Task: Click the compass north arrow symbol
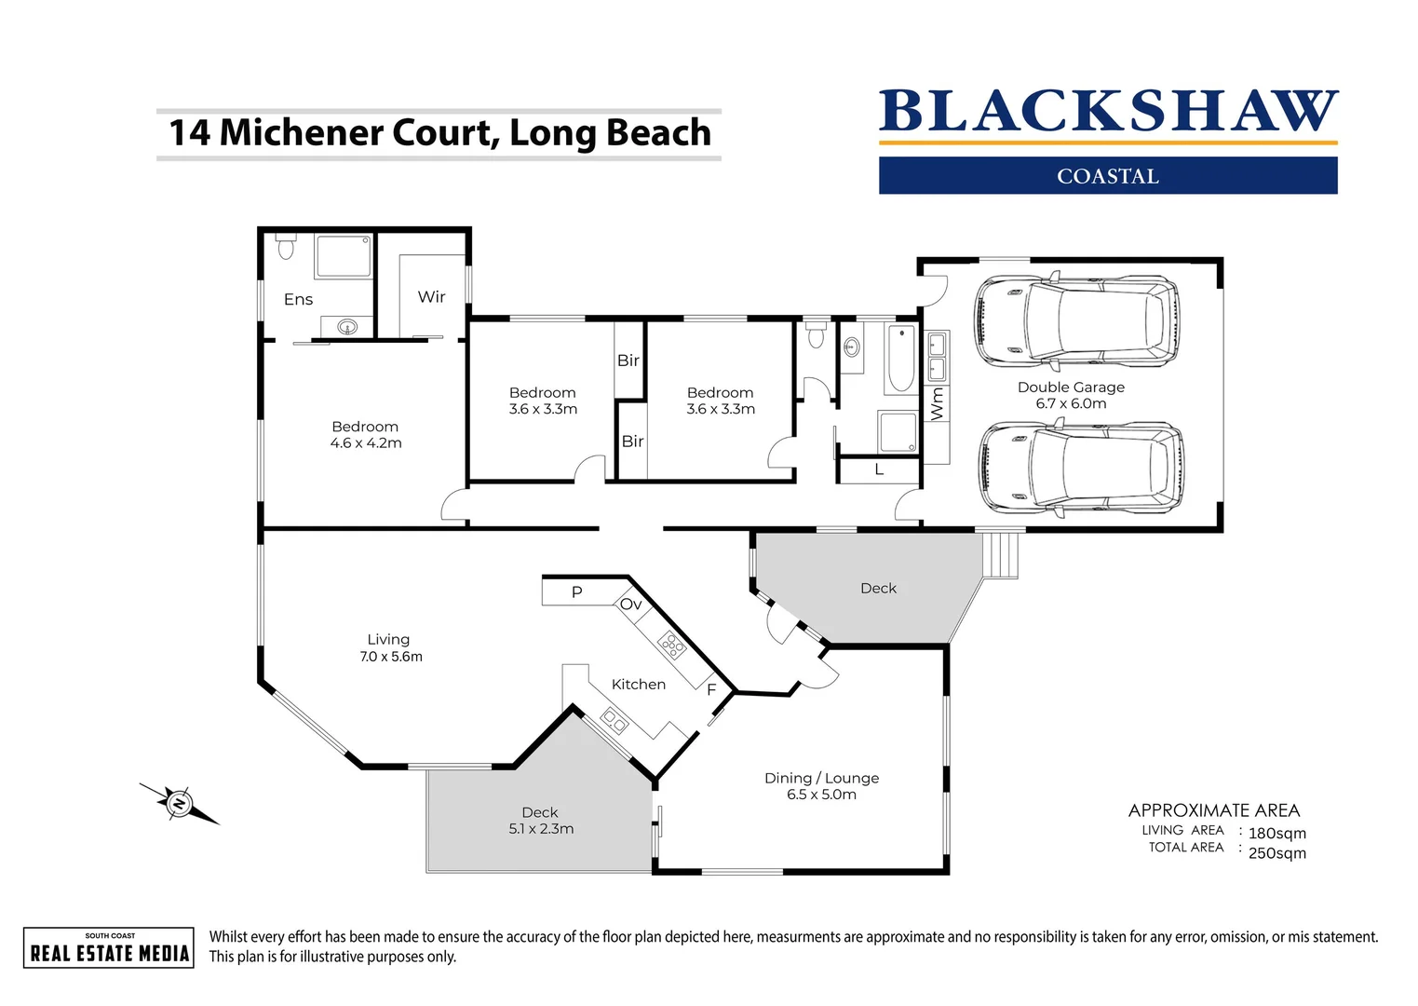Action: pos(179,803)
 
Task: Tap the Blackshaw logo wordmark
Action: pos(1108,112)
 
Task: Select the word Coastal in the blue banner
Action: pos(1108,176)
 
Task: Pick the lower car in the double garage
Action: pos(1081,469)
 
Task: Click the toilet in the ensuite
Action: pos(286,248)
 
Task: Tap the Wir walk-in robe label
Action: pos(431,297)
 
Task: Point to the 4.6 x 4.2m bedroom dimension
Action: pos(366,443)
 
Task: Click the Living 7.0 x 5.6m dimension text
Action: pos(391,657)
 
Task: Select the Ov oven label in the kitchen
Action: pos(630,605)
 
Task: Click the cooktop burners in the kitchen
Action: pos(671,645)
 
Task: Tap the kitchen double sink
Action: pos(614,720)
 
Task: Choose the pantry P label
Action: pos(576,592)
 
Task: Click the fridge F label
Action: pos(711,690)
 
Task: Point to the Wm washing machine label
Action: pos(938,403)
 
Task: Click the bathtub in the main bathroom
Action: pos(900,359)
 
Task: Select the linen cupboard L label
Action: pos(879,470)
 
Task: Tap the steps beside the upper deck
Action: pos(1002,555)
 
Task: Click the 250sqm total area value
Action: pos(1276,853)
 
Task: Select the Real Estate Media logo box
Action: pos(109,948)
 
